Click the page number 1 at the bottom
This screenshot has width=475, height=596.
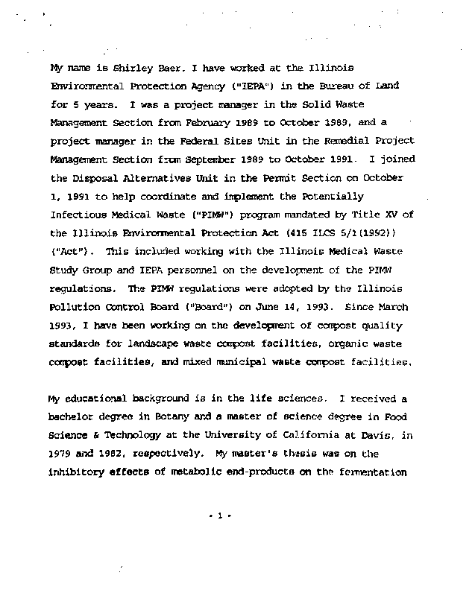pyautogui.click(x=221, y=516)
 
